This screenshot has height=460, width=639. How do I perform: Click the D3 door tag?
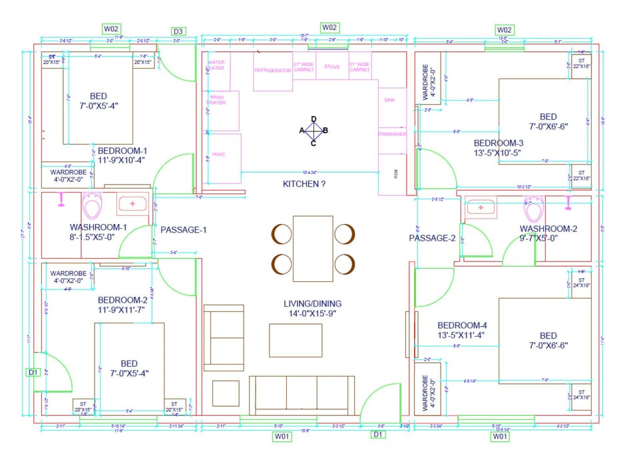tap(178, 31)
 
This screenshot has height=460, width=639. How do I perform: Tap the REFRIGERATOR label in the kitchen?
tap(273, 69)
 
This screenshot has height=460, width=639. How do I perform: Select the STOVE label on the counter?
tap(331, 67)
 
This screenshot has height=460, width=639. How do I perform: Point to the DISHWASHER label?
tap(392, 134)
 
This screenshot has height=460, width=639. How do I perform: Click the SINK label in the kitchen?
tap(390, 99)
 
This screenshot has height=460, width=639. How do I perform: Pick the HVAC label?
tap(219, 154)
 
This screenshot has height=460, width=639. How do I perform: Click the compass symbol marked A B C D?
tap(314, 130)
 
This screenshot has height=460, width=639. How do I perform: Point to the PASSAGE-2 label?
tap(431, 238)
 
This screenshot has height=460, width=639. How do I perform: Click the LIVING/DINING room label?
tap(313, 309)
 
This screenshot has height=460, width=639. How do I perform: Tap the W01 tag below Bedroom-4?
tap(500, 437)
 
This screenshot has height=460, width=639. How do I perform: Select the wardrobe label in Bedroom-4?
tap(425, 392)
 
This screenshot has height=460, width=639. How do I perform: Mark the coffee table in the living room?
tap(296, 340)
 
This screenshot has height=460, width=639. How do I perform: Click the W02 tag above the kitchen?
tap(330, 27)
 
